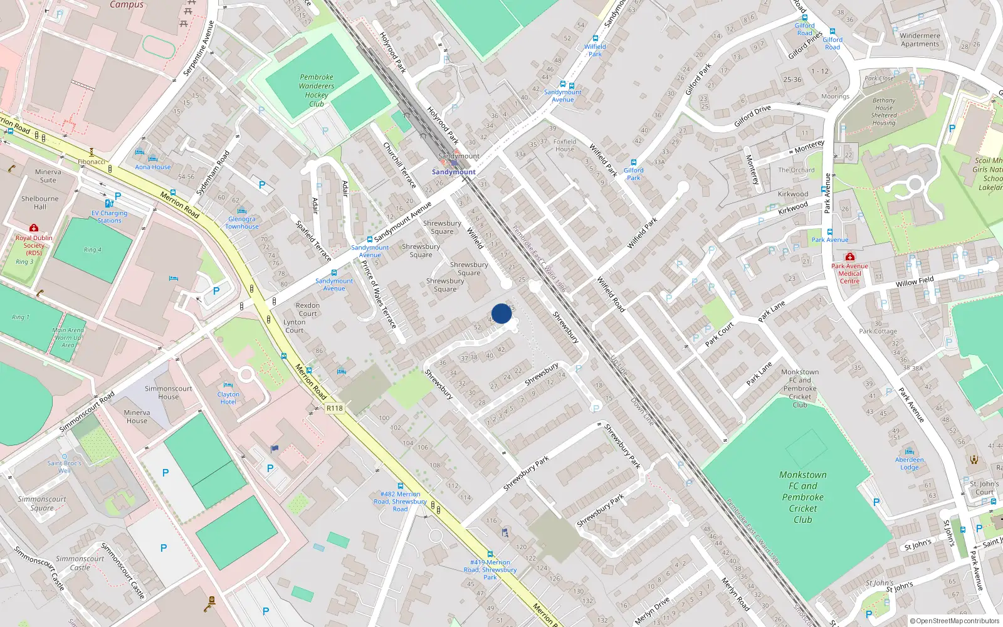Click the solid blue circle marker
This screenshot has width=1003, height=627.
tap(501, 313)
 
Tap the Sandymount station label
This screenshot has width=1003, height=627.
tap(454, 172)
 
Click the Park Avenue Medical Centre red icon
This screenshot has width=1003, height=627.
tap(849, 257)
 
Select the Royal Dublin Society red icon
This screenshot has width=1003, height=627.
tap(34, 228)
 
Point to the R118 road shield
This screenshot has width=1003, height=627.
tap(335, 408)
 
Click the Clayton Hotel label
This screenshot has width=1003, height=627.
tap(228, 398)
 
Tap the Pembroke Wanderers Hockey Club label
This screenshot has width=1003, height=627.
tap(317, 90)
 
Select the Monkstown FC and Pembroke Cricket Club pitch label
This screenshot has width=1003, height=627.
tap(803, 497)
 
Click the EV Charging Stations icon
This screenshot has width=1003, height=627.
tap(109, 203)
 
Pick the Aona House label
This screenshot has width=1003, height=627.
tap(153, 167)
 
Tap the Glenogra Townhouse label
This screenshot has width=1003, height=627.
tap(242, 223)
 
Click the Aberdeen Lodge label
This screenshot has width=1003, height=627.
tap(910, 463)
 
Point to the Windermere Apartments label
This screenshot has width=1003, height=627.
tap(920, 40)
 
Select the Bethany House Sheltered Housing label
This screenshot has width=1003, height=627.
tap(884, 112)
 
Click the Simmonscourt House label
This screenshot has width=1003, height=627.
tap(168, 393)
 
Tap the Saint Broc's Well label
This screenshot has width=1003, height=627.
tap(64, 466)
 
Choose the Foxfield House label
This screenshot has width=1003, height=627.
tap(565, 145)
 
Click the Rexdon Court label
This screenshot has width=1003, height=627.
tap(308, 309)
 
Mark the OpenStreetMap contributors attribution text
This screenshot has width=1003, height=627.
tap(955, 621)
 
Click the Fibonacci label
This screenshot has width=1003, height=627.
tap(92, 162)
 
